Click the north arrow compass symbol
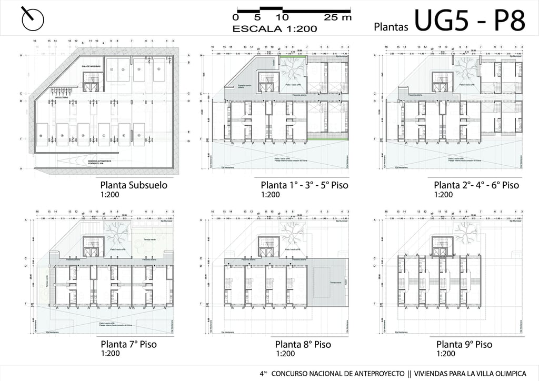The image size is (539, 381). [33, 19]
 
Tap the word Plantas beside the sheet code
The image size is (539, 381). [391, 26]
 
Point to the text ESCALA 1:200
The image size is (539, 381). [275, 28]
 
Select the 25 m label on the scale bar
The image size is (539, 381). [337, 17]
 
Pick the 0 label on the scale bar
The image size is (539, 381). [235, 17]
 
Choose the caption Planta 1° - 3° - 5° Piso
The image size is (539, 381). [304, 185]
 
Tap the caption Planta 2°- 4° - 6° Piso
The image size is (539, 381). [476, 185]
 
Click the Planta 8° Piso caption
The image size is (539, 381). [303, 345]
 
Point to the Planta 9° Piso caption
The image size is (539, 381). [464, 345]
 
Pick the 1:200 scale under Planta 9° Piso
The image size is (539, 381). [445, 354]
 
